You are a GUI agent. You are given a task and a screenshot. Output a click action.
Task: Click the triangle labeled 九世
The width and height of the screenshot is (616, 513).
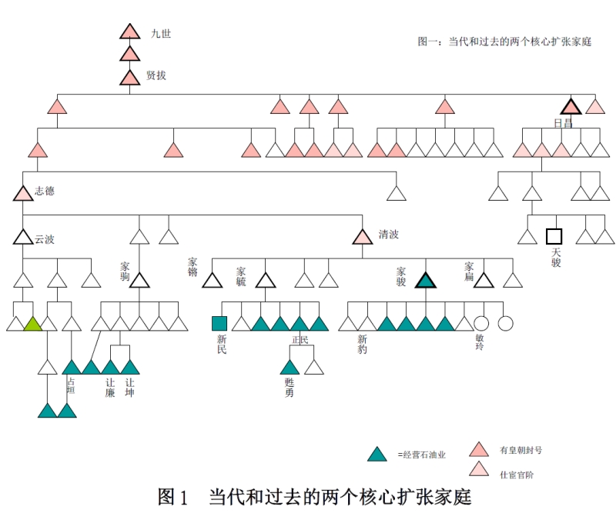129,33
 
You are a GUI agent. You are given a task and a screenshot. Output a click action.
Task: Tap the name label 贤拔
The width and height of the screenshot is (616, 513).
156,75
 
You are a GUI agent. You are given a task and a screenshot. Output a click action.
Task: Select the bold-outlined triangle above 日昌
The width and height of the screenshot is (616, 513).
571,107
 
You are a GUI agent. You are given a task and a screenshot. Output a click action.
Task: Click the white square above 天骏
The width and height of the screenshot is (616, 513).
554,236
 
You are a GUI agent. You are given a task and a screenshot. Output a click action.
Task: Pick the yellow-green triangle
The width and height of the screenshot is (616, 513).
32,324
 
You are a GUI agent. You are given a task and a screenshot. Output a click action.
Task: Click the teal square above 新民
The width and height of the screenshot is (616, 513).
219,324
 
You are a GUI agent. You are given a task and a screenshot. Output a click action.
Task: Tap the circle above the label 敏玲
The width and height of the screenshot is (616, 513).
482,324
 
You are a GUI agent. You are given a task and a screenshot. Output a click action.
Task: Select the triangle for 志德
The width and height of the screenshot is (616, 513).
23,193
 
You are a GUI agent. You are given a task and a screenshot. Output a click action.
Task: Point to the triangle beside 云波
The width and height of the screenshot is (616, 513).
23,238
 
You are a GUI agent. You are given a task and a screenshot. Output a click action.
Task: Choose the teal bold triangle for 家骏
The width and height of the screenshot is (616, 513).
426,281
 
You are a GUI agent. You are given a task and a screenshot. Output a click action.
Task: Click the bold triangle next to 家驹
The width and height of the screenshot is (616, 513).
139,281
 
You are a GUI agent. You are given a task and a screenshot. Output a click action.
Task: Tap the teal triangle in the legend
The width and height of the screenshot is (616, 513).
377,454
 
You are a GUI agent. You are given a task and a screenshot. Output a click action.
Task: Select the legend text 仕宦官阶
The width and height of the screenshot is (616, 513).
516,475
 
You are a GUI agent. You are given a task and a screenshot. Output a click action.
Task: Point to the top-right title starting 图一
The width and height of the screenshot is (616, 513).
504,42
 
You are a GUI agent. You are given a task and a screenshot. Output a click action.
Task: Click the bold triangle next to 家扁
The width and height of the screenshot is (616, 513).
483,281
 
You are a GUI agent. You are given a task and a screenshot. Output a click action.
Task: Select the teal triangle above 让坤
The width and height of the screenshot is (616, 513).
129,368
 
